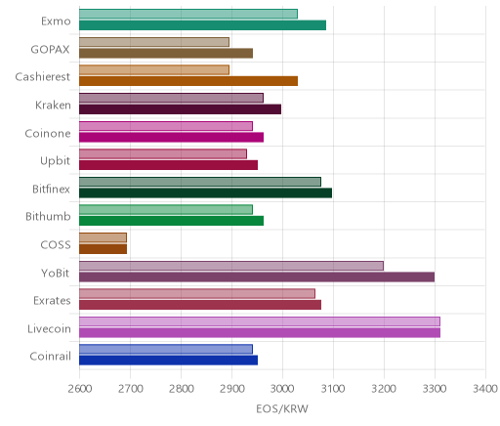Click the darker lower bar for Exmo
click(x=202, y=25)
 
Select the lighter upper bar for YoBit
click(x=231, y=266)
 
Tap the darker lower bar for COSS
click(x=103, y=249)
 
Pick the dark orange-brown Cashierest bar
click(x=188, y=81)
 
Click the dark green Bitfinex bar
click(x=205, y=192)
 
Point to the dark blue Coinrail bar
click(x=168, y=361)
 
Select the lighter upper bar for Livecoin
click(x=260, y=321)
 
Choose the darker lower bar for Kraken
click(x=180, y=109)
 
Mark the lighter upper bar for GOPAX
click(x=154, y=42)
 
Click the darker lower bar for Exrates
click(x=200, y=305)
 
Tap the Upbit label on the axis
click(x=55, y=161)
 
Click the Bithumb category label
click(x=48, y=216)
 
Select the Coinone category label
click(x=48, y=133)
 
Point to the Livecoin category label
click(x=49, y=328)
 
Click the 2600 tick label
click(x=79, y=389)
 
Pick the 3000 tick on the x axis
click(x=282, y=389)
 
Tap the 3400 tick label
click(x=485, y=389)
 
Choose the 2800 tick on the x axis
click(x=181, y=389)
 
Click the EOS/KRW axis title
click(x=282, y=408)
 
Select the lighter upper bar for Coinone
click(x=166, y=126)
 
